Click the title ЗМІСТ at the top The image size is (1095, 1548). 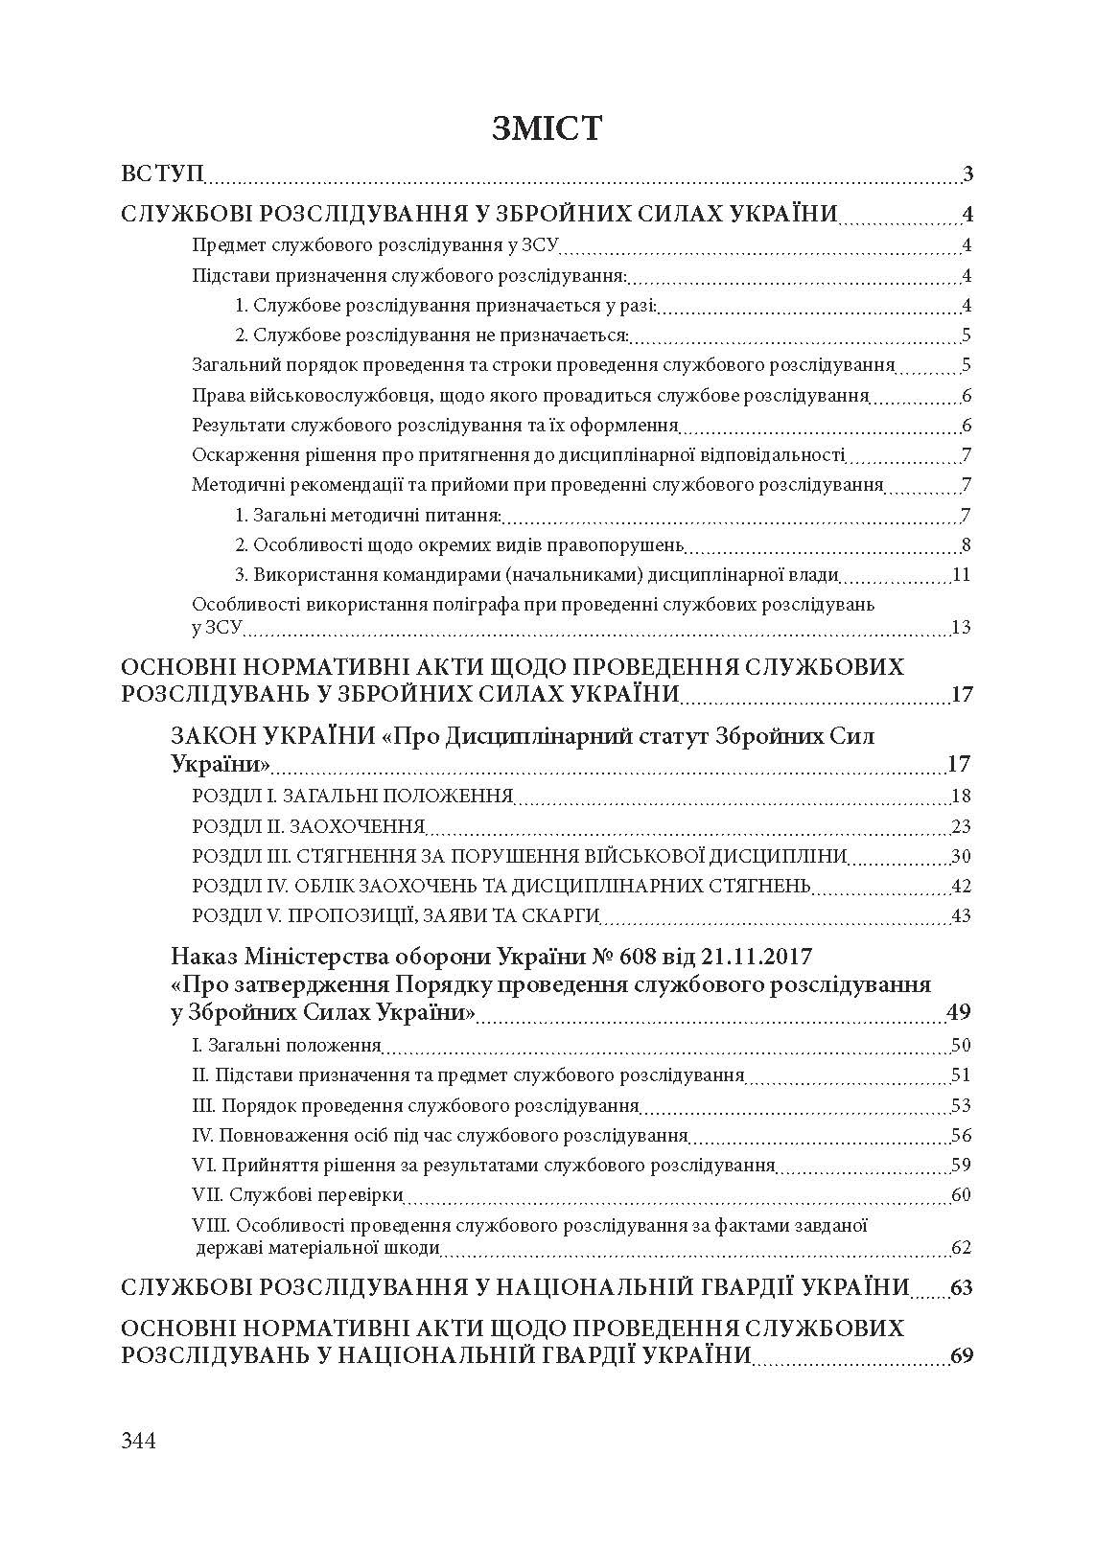pos(547,127)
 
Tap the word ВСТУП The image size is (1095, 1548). pos(162,174)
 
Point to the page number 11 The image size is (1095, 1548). pos(962,575)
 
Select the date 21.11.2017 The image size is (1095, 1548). pos(764,958)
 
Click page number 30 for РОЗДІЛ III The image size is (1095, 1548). pos(961,856)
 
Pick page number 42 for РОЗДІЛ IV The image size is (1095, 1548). pos(961,886)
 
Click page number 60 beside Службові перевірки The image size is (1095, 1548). pos(961,1194)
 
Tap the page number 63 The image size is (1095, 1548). pos(962,1287)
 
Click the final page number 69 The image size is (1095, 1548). pos(962,1356)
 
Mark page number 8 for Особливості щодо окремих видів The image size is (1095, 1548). pos(967,546)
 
